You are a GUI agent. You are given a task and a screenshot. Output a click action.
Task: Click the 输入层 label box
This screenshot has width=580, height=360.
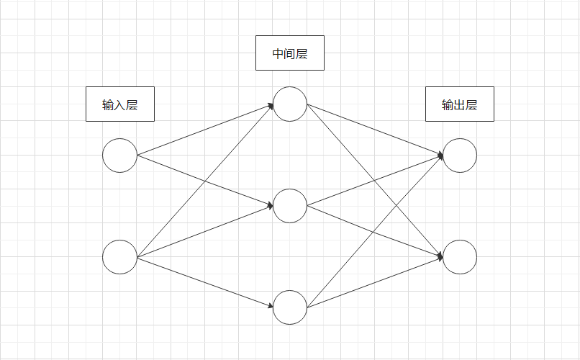click(120, 104)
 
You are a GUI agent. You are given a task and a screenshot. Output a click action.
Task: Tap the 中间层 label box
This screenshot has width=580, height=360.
click(290, 53)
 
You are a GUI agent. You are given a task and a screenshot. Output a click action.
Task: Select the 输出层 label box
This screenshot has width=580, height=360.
click(460, 104)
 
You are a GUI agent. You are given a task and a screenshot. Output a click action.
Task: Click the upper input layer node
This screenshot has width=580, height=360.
click(119, 156)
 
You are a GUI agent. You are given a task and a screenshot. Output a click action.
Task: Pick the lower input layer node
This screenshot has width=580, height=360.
click(119, 257)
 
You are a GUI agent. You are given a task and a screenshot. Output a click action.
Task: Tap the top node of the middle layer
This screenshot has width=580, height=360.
click(290, 104)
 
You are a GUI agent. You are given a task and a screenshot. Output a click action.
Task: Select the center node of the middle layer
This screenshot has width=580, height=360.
click(290, 206)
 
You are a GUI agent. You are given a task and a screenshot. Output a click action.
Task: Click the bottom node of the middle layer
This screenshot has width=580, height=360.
click(290, 307)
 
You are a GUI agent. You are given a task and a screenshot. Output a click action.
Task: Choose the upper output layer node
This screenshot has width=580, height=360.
click(460, 156)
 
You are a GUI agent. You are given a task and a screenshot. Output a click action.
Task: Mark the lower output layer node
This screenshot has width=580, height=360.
click(460, 257)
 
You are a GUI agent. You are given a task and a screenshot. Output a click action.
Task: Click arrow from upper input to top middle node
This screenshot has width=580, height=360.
click(205, 130)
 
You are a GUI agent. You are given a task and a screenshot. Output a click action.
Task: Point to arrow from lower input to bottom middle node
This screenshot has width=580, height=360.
click(205, 282)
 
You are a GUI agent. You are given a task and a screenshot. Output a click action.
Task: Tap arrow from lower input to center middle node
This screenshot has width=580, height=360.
click(205, 231)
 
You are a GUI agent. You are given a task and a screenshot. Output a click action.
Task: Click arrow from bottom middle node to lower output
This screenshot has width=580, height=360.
click(375, 282)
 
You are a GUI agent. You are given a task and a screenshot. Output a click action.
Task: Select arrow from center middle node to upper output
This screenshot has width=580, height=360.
click(375, 181)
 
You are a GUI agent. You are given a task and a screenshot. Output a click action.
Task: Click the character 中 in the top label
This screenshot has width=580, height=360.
click(278, 54)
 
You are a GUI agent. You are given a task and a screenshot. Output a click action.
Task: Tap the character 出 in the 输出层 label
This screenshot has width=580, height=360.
click(460, 105)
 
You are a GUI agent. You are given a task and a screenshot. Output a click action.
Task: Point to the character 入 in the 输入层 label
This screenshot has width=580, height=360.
click(120, 105)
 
